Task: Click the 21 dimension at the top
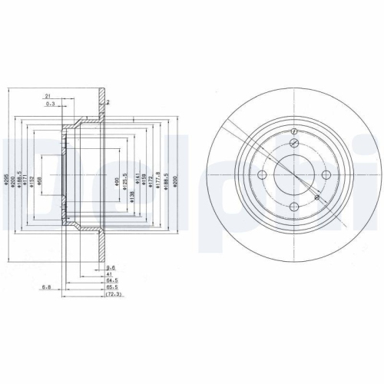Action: (x=48, y=96)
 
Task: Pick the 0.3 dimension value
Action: (x=50, y=104)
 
